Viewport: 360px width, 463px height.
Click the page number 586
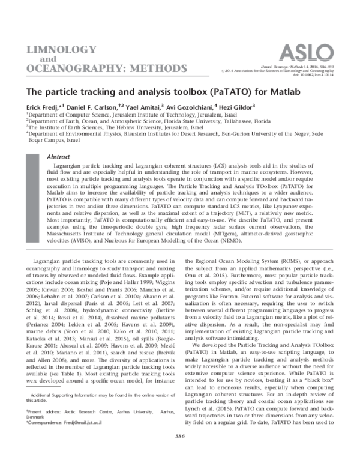[180, 451]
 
